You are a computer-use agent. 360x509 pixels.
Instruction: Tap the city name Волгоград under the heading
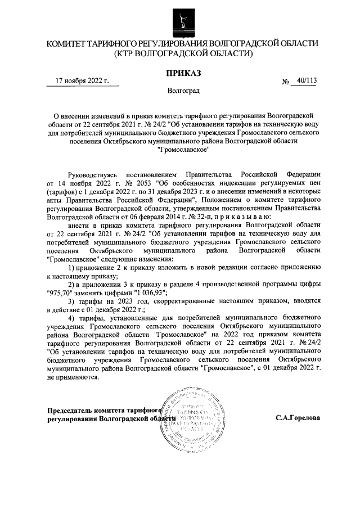pos(182,90)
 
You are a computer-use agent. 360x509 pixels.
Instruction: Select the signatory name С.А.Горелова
pos(298,418)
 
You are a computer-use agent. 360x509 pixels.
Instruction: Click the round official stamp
pos(189,419)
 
